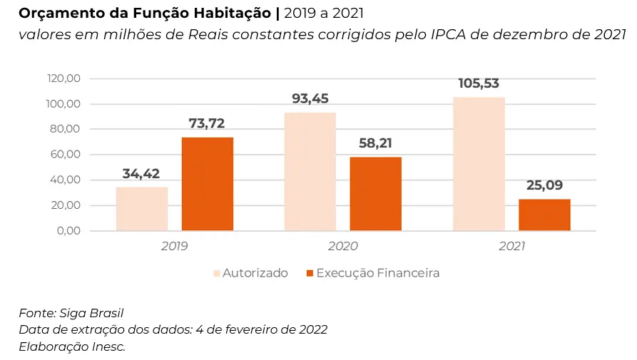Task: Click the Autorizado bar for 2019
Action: [141, 209]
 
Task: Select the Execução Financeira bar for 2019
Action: [207, 184]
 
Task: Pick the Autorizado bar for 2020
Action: [310, 171]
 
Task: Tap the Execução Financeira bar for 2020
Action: [375, 194]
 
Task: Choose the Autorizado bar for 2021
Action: [479, 164]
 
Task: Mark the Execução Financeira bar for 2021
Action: [544, 215]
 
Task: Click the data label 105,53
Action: [478, 83]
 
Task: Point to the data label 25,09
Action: [544, 185]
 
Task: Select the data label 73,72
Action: [207, 124]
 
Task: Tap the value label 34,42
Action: [141, 173]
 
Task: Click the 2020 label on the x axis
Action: [343, 246]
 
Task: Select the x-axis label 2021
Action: [511, 246]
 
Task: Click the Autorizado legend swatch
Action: [216, 273]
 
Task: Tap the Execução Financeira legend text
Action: [378, 273]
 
